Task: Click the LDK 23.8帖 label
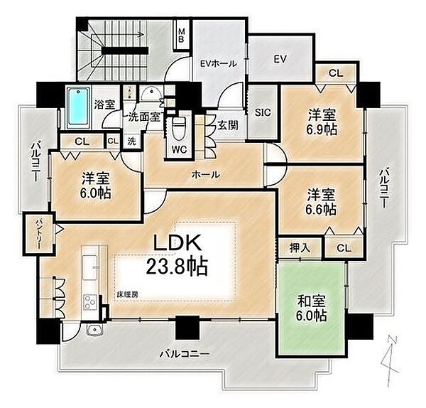tap(177, 254)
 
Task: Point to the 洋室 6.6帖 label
tap(322, 201)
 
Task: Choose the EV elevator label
tap(280, 60)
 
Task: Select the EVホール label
tap(218, 63)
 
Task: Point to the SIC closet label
tap(261, 112)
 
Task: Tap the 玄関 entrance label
tap(227, 126)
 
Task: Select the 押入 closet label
tap(299, 248)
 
